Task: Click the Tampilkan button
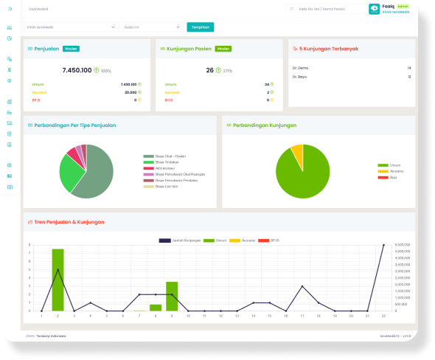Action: click(200, 27)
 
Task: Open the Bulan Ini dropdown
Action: click(151, 27)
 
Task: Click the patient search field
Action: click(324, 10)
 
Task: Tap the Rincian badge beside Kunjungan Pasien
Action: click(223, 49)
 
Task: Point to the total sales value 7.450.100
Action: click(77, 70)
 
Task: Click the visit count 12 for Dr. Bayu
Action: click(408, 76)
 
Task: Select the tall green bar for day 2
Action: click(58, 280)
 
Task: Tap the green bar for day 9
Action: click(172, 296)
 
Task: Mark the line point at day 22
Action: click(383, 245)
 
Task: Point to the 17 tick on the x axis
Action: click(302, 315)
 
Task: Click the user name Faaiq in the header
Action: click(389, 6)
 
